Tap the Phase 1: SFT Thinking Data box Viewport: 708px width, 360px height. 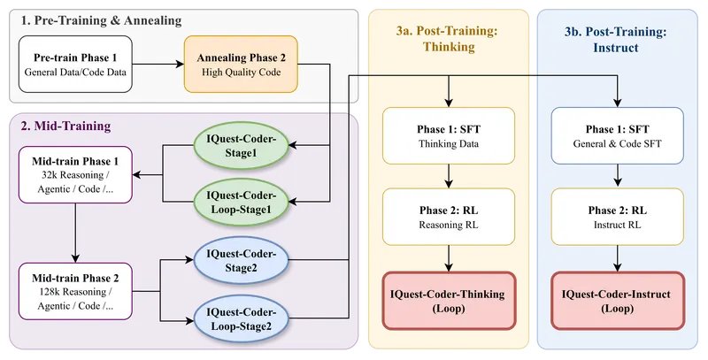point(450,135)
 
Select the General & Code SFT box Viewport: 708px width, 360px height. point(617,135)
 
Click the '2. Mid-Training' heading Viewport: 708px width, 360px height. point(67,126)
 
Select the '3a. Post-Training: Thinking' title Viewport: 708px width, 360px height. point(448,40)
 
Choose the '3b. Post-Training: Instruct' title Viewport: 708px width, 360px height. point(616,40)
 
